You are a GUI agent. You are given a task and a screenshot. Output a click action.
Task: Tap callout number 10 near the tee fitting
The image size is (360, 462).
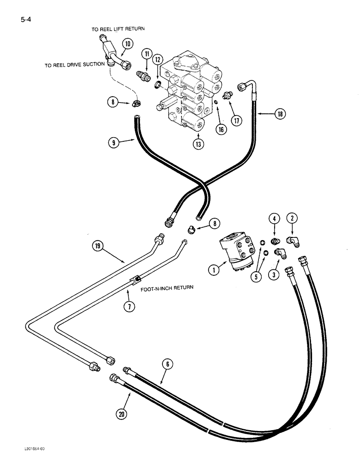pos(127,45)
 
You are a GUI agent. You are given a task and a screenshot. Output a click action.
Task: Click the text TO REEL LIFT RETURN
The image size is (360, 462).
pos(118,29)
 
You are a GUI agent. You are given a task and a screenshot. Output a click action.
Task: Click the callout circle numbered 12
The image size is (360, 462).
pos(158,60)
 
